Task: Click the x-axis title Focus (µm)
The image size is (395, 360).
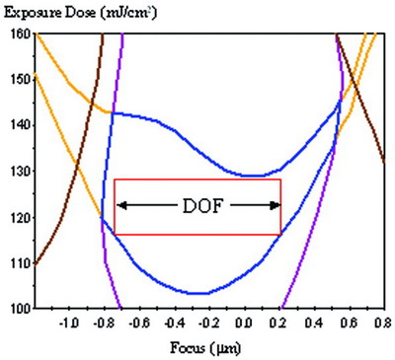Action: point(208,348)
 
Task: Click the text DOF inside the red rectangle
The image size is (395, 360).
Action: point(198,205)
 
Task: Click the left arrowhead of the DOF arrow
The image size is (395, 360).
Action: point(121,205)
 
